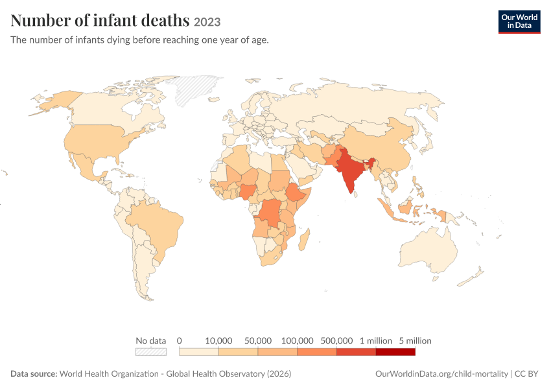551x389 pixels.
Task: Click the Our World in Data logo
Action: tap(519, 22)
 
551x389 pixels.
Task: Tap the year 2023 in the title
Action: tap(207, 22)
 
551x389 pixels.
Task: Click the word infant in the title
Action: tap(116, 20)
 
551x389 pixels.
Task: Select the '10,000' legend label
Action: tap(218, 340)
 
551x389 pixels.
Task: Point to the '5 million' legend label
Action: tap(415, 340)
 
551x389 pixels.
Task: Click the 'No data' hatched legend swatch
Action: tap(151, 352)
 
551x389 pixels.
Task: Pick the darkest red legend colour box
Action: tap(395, 352)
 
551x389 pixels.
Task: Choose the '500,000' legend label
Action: tap(336, 340)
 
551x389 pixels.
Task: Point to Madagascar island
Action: tap(304, 240)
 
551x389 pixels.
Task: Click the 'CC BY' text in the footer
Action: tap(526, 373)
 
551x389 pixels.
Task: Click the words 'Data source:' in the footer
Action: tap(34, 373)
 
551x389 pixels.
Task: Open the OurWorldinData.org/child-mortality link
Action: tap(441, 373)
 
